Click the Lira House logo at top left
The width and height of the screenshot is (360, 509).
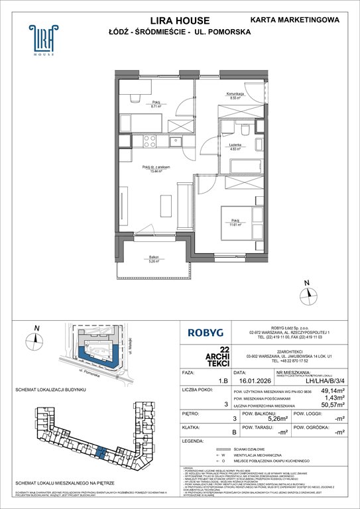(x=40, y=40)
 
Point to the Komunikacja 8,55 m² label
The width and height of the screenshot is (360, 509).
(x=236, y=95)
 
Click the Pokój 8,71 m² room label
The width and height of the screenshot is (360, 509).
(x=156, y=104)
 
